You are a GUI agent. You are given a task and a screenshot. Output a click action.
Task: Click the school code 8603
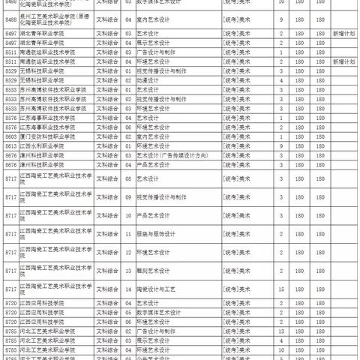point(11,136)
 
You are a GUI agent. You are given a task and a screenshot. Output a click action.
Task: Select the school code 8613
point(11,145)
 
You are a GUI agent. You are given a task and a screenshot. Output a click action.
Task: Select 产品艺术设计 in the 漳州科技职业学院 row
point(155,163)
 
